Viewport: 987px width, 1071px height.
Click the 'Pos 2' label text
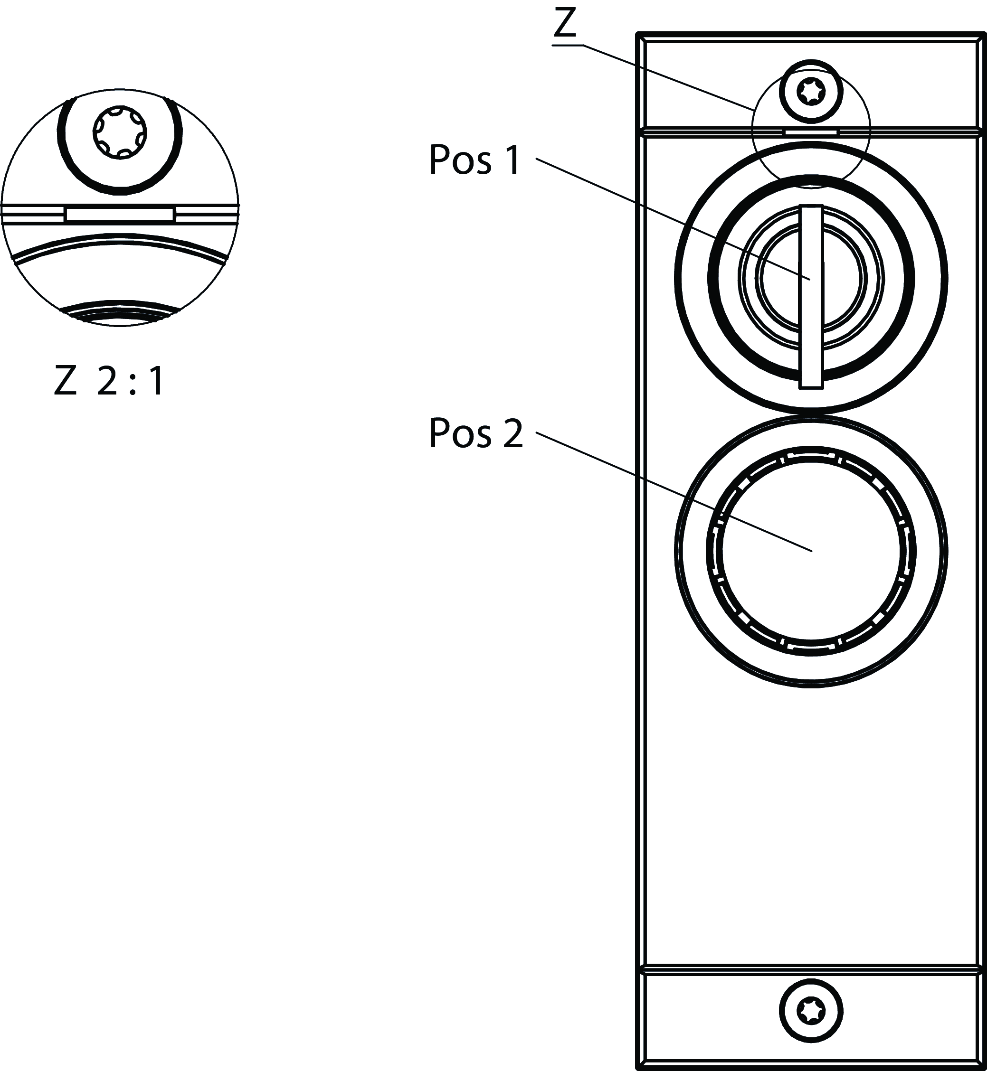(x=476, y=433)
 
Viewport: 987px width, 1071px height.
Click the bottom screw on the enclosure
(x=811, y=1010)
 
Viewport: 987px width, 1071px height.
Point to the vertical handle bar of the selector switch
(x=811, y=297)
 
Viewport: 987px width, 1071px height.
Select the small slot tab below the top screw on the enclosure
(x=811, y=132)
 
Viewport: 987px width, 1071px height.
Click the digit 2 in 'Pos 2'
(x=513, y=433)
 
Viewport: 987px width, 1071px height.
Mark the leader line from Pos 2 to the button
(x=674, y=492)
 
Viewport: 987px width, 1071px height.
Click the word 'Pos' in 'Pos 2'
(x=460, y=433)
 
